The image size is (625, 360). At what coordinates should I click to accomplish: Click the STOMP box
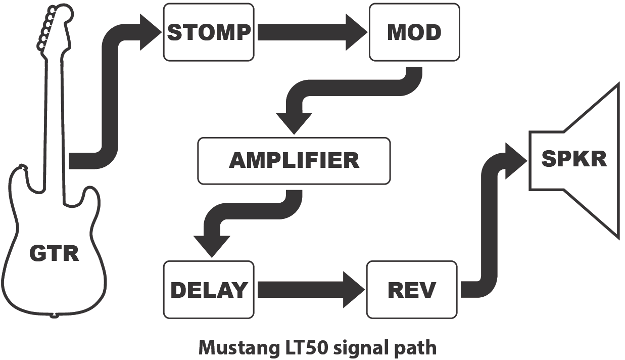209,32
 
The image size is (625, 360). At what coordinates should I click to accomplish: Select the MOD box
414,32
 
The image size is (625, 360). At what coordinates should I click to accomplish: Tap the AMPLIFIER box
294,161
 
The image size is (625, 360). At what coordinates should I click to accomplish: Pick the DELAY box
209,290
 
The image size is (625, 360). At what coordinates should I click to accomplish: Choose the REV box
412,290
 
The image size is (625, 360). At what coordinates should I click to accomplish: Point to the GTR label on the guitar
54,253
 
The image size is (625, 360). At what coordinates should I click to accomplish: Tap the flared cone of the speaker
596,160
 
